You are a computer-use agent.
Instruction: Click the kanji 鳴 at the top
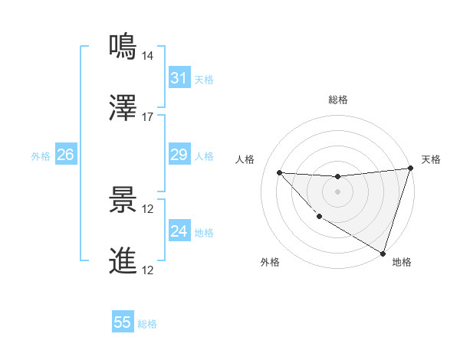[123, 47]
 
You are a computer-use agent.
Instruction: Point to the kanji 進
[123, 260]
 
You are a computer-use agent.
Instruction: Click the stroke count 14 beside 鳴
[148, 56]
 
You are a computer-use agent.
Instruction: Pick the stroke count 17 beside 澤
[148, 117]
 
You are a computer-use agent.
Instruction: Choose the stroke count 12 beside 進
[148, 270]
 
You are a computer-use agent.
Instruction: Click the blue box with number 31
[179, 77]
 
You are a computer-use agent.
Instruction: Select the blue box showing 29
[179, 155]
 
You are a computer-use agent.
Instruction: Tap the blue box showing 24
[179, 231]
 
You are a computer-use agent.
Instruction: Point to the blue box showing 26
[65, 155]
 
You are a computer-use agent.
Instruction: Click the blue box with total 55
[123, 322]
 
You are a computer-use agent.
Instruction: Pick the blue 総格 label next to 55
[147, 324]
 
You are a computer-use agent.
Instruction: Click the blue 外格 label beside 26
[41, 156]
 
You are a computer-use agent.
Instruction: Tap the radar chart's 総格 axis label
[338, 100]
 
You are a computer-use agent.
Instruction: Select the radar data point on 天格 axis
[410, 169]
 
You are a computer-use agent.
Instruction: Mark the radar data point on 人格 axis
[279, 172]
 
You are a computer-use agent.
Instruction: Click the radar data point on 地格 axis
[383, 253]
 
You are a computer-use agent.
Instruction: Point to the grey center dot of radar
[337, 191]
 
